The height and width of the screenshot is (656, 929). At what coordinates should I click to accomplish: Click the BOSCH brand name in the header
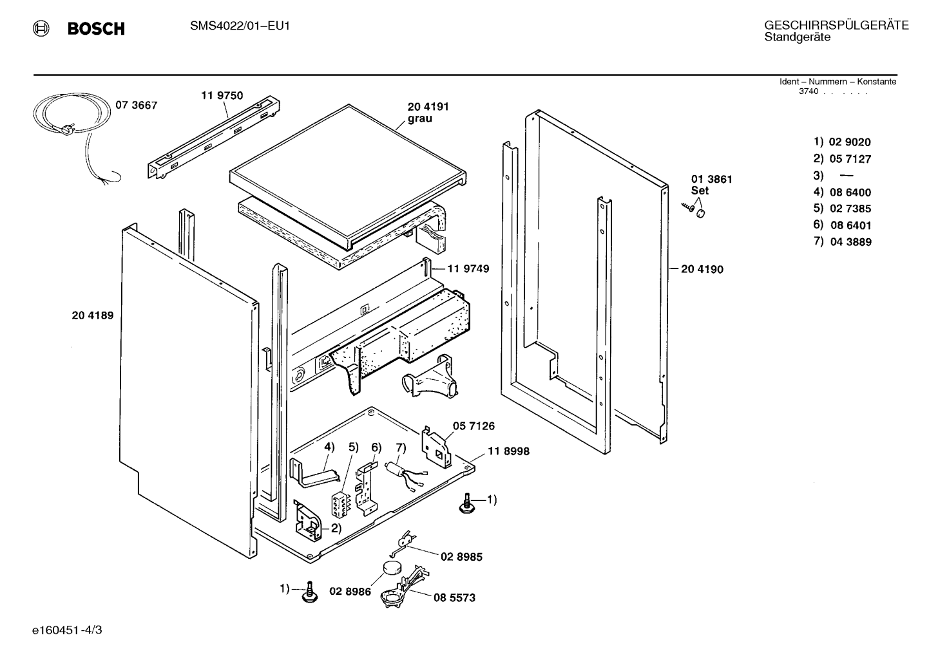pyautogui.click(x=96, y=28)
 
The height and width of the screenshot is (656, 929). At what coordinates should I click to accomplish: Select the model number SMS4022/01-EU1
pyautogui.click(x=240, y=26)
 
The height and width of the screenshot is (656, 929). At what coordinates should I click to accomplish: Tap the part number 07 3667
pyautogui.click(x=137, y=106)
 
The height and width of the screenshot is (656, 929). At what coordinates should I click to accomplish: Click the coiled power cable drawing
pyautogui.click(x=75, y=133)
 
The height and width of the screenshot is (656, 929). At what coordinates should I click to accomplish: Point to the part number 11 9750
pyautogui.click(x=222, y=96)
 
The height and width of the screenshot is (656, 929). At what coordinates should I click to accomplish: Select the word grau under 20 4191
pyautogui.click(x=419, y=119)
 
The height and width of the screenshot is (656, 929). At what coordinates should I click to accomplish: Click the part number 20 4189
pyautogui.click(x=93, y=315)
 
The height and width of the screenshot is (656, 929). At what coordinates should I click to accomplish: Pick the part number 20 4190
pyautogui.click(x=702, y=269)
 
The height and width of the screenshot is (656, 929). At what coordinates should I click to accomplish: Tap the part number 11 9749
pyautogui.click(x=468, y=269)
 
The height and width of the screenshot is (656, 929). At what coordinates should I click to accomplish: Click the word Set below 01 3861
pyautogui.click(x=700, y=191)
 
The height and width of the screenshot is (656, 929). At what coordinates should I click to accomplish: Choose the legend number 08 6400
pyautogui.click(x=850, y=192)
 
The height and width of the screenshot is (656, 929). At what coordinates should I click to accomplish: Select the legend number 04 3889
pyautogui.click(x=850, y=242)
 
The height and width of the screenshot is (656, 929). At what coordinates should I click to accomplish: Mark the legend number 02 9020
pyautogui.click(x=850, y=142)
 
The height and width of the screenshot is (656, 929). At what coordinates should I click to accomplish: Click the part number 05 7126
pyautogui.click(x=474, y=426)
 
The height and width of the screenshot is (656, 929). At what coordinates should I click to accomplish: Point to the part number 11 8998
pyautogui.click(x=508, y=451)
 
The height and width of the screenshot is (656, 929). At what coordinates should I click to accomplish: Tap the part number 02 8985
pyautogui.click(x=461, y=557)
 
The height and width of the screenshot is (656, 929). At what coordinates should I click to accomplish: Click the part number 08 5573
pyautogui.click(x=455, y=598)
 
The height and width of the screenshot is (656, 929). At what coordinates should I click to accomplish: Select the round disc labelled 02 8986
pyautogui.click(x=393, y=568)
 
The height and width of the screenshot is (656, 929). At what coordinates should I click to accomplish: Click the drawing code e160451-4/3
pyautogui.click(x=67, y=630)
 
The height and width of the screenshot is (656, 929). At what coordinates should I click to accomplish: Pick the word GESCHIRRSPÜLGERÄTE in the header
pyautogui.click(x=836, y=26)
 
